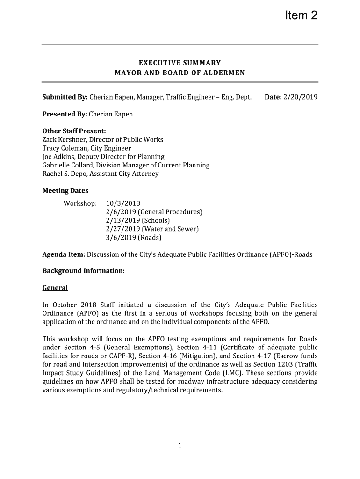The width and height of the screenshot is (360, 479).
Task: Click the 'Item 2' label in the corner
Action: coord(301,16)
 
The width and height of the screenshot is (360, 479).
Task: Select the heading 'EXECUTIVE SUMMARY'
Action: coord(180,63)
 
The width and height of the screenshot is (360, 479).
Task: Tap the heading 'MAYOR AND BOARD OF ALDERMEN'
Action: coord(180,73)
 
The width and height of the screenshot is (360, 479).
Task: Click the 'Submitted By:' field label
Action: coord(65,97)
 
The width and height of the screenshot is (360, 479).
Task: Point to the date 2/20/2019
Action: coord(300,97)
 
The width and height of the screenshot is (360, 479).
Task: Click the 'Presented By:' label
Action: coord(65,114)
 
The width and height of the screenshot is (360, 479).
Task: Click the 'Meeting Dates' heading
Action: coord(65,191)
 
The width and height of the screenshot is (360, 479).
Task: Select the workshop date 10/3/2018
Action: coord(123,203)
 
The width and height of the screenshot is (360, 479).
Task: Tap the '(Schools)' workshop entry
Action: coord(156,220)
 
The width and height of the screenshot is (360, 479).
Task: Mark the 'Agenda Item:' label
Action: coord(64,254)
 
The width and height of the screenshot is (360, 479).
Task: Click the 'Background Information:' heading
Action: coord(84,271)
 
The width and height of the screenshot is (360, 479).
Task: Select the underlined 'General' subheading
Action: coord(55,288)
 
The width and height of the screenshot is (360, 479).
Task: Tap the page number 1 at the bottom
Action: coord(180,445)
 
